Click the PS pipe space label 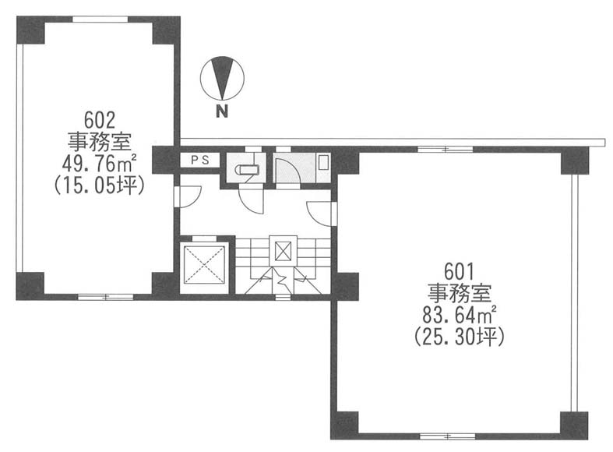[200, 160]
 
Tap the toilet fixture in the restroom [248, 169]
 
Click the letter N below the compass [222, 111]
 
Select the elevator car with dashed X [204, 264]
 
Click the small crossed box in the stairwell [283, 251]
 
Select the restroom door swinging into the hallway [252, 201]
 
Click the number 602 [100, 120]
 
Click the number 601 [459, 271]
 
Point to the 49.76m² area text [99, 164]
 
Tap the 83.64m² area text [460, 315]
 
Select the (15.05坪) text [100, 185]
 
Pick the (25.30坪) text [460, 337]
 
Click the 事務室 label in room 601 [460, 293]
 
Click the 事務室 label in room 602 [100, 142]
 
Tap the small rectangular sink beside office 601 [323, 162]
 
